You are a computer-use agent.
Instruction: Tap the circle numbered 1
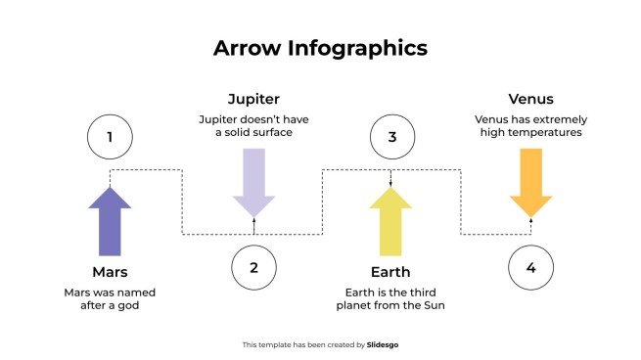tap(110, 138)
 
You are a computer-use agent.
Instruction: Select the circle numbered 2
tap(253, 267)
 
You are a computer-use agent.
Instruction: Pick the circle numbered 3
tap(392, 138)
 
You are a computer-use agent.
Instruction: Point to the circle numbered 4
tap(531, 267)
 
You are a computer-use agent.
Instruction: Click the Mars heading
tap(110, 271)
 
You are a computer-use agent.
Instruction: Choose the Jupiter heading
tap(253, 100)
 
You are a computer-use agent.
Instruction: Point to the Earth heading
tap(391, 271)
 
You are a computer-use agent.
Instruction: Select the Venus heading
tap(531, 100)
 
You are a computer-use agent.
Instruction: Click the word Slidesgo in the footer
tap(383, 344)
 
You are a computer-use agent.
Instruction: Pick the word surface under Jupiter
tap(272, 132)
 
